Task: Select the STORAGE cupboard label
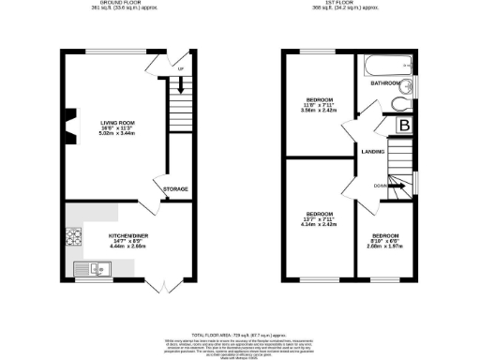pos(175,189)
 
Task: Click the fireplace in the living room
pos(67,122)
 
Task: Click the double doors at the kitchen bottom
pos(166,283)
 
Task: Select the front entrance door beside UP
pos(160,62)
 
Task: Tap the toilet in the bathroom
pos(400,104)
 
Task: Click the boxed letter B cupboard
pos(404,125)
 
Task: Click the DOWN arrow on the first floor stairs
pos(396,186)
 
